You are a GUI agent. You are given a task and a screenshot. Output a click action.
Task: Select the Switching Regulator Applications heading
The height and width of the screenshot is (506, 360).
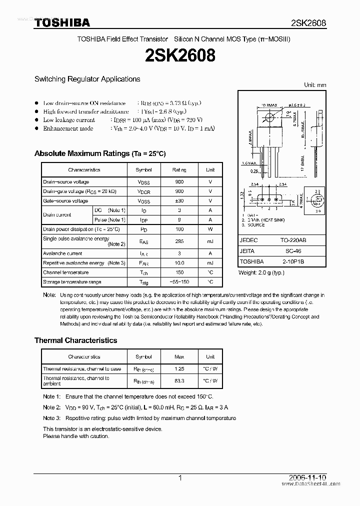tap(87, 79)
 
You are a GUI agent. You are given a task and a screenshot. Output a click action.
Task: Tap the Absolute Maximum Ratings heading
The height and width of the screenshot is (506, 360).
tap(99, 153)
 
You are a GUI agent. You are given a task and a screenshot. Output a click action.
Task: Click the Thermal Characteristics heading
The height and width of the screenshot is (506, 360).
tap(75, 340)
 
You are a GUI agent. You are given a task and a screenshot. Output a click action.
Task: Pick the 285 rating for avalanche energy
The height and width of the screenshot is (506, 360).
tap(179, 241)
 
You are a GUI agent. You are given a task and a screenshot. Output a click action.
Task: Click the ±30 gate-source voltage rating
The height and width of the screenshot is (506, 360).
tap(179, 201)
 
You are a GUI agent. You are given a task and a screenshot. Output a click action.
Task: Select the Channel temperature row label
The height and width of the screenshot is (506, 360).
tap(65, 272)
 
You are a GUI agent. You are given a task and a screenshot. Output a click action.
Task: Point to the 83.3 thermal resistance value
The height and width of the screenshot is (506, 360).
tap(179, 380)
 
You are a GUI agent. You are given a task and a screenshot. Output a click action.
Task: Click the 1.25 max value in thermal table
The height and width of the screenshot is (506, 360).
tap(179, 369)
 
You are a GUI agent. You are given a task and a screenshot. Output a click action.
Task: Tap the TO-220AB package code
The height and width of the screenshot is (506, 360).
tap(293, 240)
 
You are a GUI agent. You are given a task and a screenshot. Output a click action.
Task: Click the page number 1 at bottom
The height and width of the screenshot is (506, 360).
tap(180, 478)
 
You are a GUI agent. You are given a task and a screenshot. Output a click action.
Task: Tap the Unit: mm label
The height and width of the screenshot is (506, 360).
tap(315, 85)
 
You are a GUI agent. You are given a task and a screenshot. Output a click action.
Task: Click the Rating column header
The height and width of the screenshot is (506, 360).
tap(179, 170)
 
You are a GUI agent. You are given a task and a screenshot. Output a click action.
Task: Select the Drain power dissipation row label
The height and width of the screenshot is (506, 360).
tap(81, 229)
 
